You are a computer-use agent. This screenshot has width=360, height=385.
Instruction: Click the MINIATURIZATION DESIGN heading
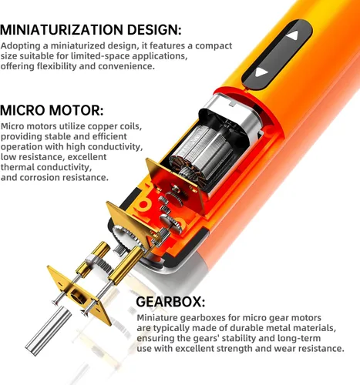tap(91, 29)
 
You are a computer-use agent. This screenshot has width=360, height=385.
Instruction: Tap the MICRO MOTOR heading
tap(52, 110)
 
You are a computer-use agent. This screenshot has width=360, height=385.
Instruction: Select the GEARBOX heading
tap(170, 302)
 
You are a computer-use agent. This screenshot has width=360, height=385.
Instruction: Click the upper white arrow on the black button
tap(293, 35)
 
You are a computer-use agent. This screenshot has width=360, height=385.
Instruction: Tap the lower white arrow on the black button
tap(261, 72)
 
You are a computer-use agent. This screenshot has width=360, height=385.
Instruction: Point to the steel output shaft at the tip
tap(48, 331)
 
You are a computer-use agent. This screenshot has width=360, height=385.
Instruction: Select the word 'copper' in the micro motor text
tap(102, 126)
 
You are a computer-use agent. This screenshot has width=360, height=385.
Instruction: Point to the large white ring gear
tap(128, 236)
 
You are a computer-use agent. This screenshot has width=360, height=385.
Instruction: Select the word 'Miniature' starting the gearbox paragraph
tap(157, 318)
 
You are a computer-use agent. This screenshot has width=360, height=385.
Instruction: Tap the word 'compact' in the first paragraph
tap(214, 46)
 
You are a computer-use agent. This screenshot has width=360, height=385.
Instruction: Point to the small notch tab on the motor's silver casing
tap(232, 103)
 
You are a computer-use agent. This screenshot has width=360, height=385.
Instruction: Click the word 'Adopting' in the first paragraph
tap(21, 46)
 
